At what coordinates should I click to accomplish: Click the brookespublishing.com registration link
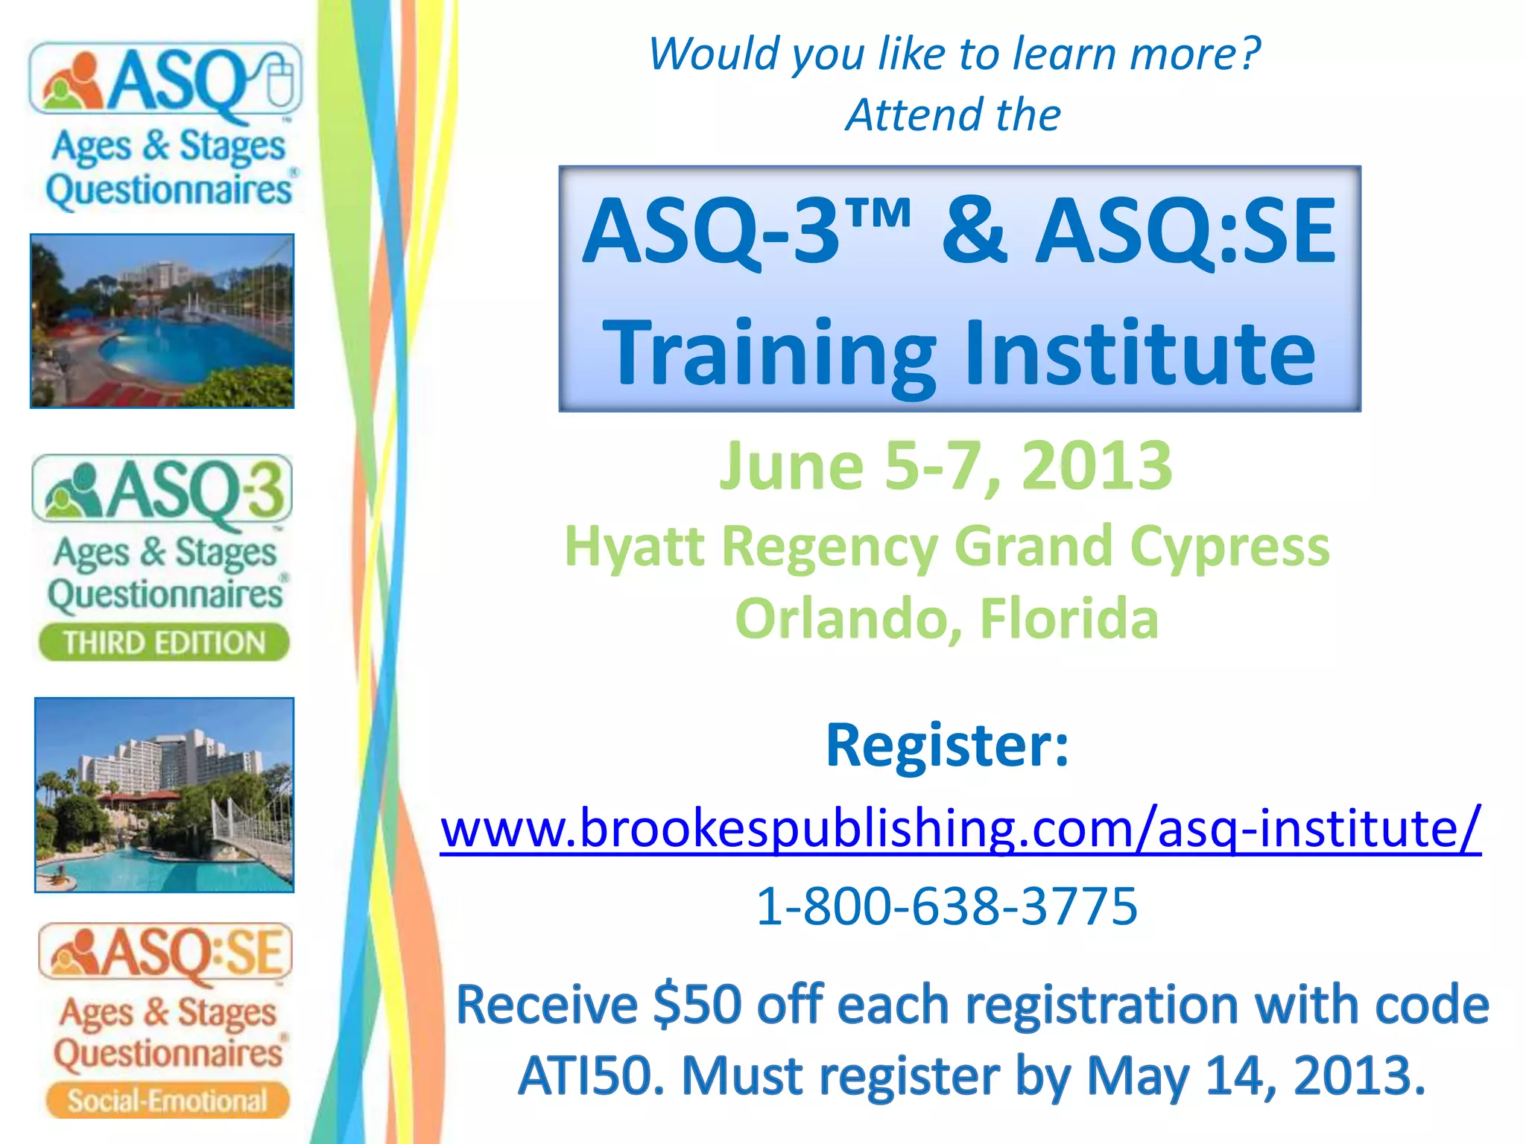click(960, 828)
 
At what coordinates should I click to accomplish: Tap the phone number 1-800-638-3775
click(946, 906)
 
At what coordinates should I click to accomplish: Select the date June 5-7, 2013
click(945, 467)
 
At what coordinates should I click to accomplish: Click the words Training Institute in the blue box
click(960, 352)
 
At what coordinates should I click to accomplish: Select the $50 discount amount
click(697, 1005)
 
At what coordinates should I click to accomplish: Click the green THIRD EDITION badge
click(164, 643)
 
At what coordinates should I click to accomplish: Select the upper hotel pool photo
click(162, 321)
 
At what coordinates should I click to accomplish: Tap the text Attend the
click(952, 115)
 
